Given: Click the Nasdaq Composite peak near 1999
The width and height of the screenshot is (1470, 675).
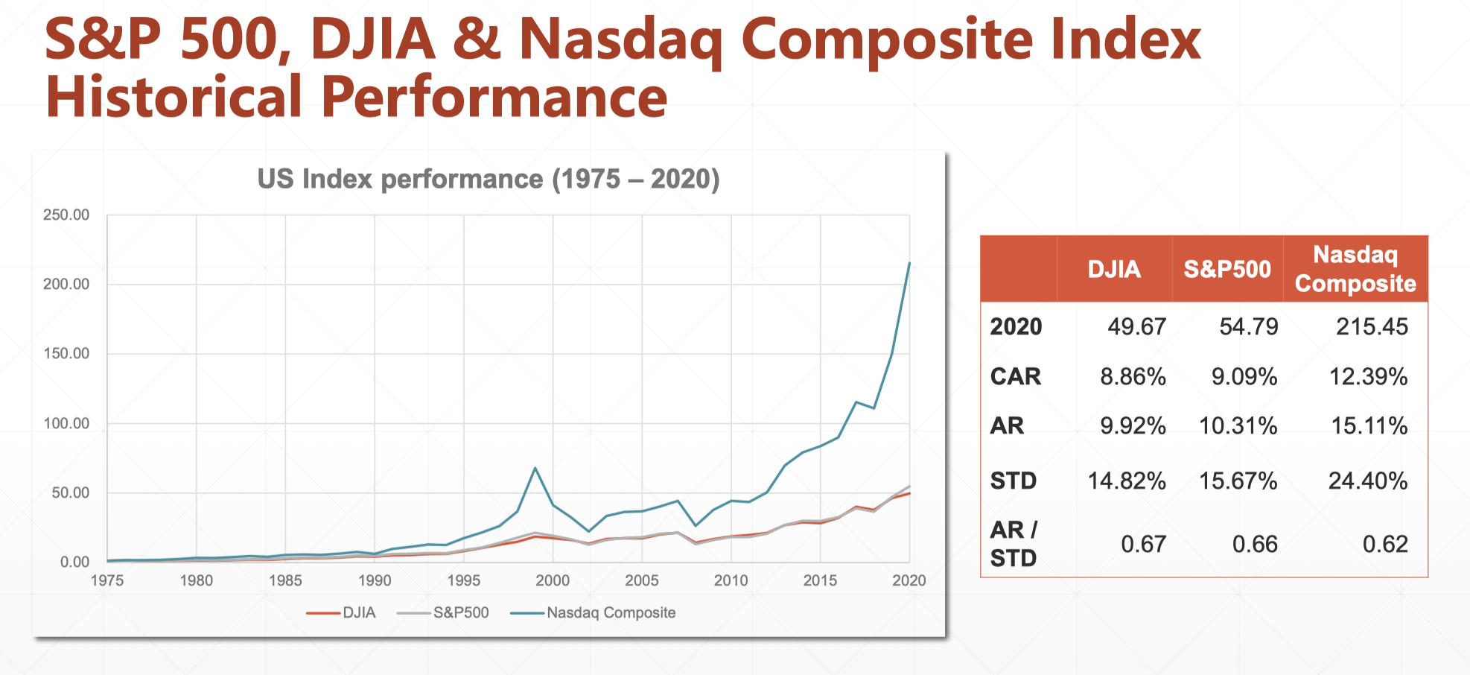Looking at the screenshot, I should pyautogui.click(x=535, y=468).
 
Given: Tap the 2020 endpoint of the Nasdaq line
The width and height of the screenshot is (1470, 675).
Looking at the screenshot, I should pyautogui.click(x=909, y=263).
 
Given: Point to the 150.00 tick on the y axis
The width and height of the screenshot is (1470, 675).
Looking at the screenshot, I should pyautogui.click(x=66, y=353).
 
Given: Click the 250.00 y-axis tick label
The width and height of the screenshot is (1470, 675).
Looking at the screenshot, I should pyautogui.click(x=66, y=215).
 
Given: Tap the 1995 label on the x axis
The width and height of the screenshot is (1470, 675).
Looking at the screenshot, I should pyautogui.click(x=463, y=580).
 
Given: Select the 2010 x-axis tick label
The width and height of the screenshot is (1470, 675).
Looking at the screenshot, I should pyautogui.click(x=731, y=580).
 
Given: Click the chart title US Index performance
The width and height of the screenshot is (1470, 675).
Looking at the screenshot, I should pyautogui.click(x=488, y=179).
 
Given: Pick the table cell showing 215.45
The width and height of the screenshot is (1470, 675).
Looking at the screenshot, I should pyautogui.click(x=1372, y=326).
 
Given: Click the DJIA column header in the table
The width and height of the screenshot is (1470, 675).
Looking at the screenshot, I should pyautogui.click(x=1114, y=269).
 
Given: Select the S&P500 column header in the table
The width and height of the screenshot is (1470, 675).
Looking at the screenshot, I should pyautogui.click(x=1227, y=269).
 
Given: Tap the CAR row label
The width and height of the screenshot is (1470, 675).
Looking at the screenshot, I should pyautogui.click(x=1015, y=376).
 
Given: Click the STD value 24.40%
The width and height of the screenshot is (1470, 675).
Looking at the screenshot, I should pyautogui.click(x=1368, y=481).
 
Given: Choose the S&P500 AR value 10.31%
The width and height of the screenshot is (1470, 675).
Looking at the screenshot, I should pyautogui.click(x=1238, y=425).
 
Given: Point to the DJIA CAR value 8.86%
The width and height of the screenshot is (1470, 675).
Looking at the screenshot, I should pyautogui.click(x=1133, y=376).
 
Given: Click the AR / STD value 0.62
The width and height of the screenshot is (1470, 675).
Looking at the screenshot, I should pyautogui.click(x=1385, y=544).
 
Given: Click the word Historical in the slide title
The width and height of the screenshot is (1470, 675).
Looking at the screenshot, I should pyautogui.click(x=174, y=98).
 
